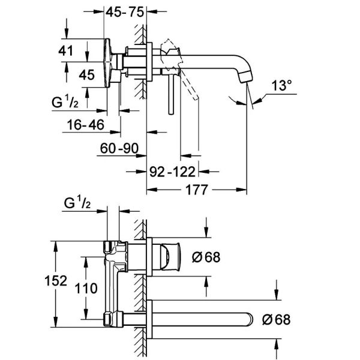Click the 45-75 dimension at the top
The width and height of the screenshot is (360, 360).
[125, 12]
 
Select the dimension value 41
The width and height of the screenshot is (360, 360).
[65, 50]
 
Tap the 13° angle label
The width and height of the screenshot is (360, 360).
[282, 85]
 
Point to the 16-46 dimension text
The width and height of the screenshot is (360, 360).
[86, 125]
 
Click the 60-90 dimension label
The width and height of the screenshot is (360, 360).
[119, 148]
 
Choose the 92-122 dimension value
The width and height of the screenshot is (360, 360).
[172, 172]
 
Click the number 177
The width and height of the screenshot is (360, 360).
[197, 190]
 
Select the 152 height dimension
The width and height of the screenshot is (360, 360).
[56, 281]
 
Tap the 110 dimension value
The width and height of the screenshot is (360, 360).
[86, 289]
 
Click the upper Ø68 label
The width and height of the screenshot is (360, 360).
[206, 257]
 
